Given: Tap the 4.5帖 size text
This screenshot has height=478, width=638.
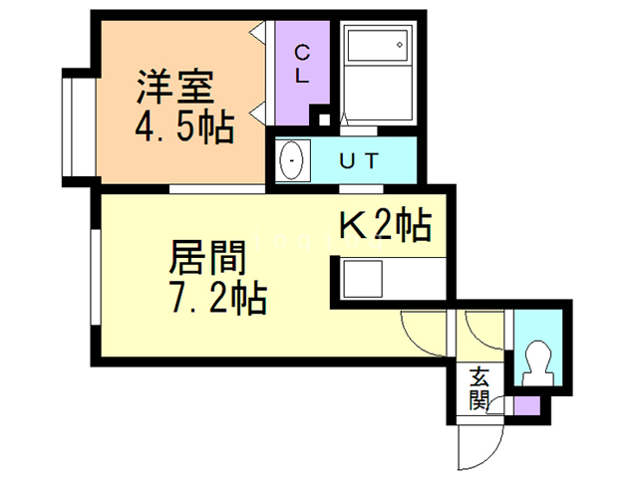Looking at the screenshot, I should tap(184, 127).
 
